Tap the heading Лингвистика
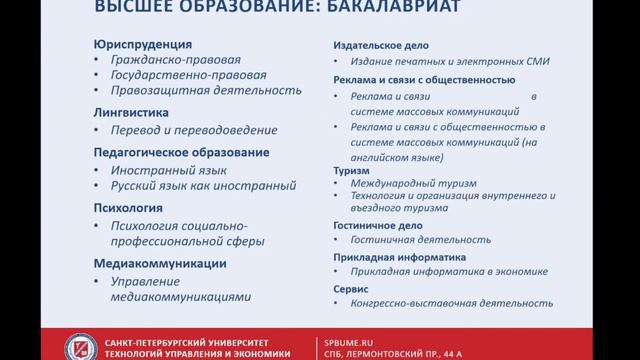click(130, 113)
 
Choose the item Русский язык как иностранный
click(203, 186)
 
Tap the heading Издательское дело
click(375, 45)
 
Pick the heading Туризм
click(350, 170)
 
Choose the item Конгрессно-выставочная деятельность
click(450, 302)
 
